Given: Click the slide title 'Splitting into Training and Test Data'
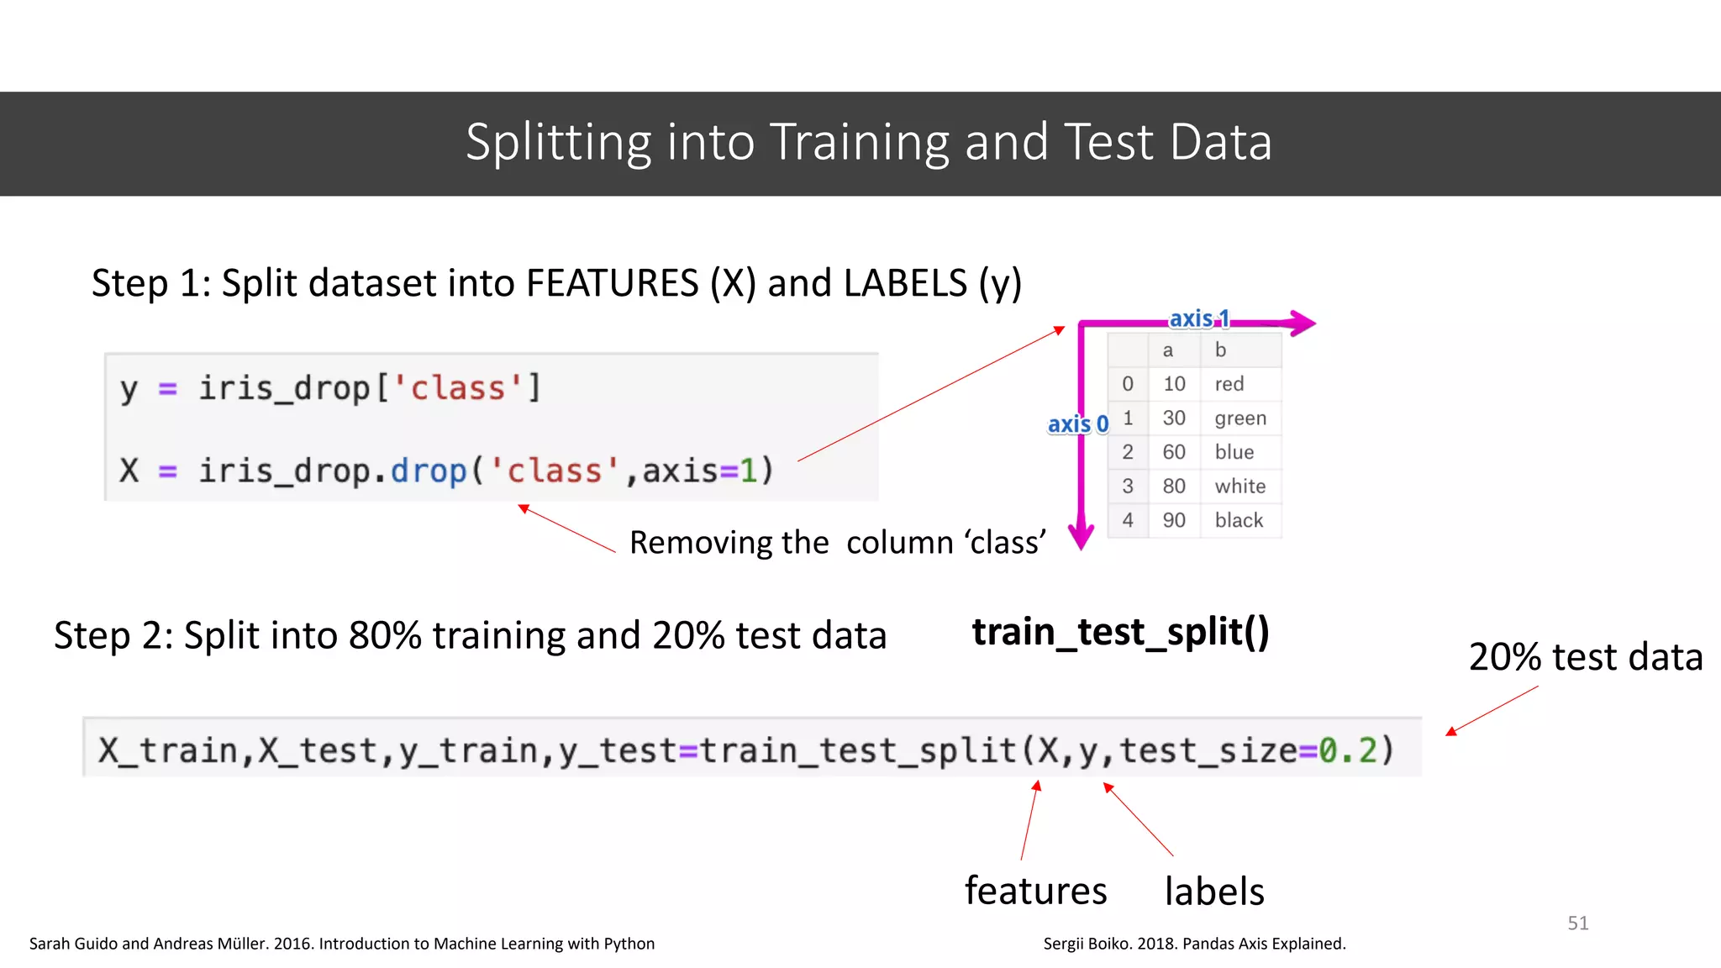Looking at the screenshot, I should pyautogui.click(x=868, y=142).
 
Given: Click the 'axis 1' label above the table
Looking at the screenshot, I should pyautogui.click(x=1199, y=319).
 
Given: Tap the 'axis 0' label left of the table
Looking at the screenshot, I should pyautogui.click(x=1077, y=424).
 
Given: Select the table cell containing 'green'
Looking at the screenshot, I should pyautogui.click(x=1239, y=418).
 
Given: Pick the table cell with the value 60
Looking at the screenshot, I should pyautogui.click(x=1174, y=452).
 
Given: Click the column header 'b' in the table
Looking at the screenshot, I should pyautogui.click(x=1220, y=350).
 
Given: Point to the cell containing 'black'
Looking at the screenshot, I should pyautogui.click(x=1239, y=520).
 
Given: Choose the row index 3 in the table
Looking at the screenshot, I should pyautogui.click(x=1128, y=486).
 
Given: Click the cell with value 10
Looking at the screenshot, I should pyautogui.click(x=1174, y=384).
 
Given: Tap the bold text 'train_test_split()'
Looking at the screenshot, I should pyautogui.click(x=1120, y=632).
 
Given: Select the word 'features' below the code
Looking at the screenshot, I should pyautogui.click(x=1035, y=891).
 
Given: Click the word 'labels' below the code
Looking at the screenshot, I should pyautogui.click(x=1213, y=892).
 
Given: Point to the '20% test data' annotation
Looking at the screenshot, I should pyautogui.click(x=1585, y=657).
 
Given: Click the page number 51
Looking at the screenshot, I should pyautogui.click(x=1577, y=923).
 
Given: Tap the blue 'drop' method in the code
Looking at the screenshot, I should pyautogui.click(x=428, y=471).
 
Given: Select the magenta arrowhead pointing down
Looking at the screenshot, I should pyautogui.click(x=1082, y=535).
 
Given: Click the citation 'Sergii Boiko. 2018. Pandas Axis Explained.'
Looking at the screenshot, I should pyautogui.click(x=1194, y=944).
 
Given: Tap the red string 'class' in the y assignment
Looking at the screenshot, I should pyautogui.click(x=458, y=388).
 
